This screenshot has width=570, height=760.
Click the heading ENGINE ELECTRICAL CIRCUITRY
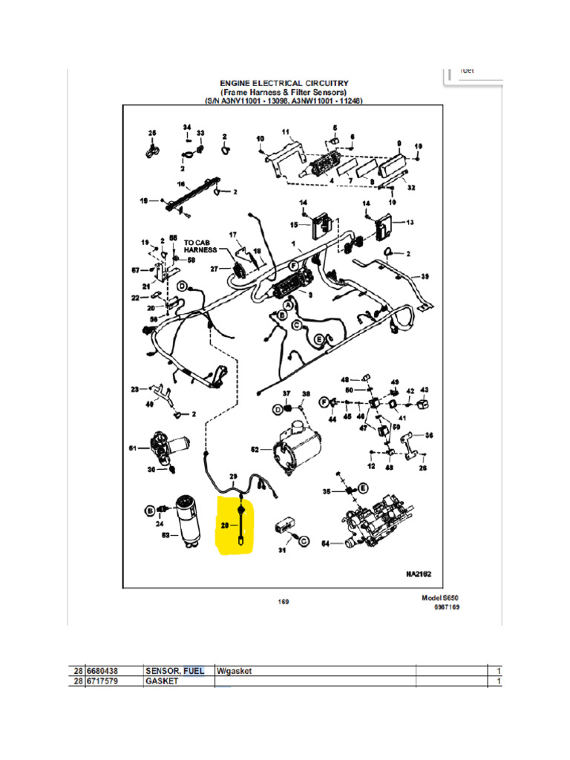point(284,83)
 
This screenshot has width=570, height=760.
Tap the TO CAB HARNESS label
point(201,246)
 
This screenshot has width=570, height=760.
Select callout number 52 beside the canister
point(255,450)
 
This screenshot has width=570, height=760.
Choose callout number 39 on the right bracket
point(425,277)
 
